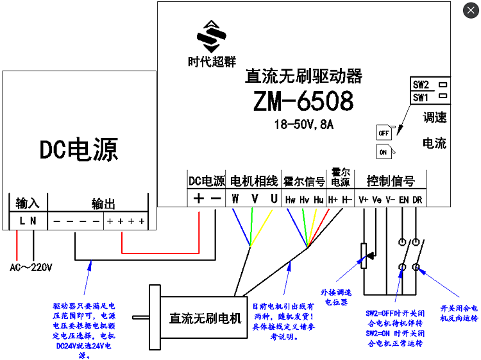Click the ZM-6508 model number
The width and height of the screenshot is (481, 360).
303,101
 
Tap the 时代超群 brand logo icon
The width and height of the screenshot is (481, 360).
212,37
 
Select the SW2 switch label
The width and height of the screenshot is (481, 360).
421,84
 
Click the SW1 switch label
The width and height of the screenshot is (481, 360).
421,98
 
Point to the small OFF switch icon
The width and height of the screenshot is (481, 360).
384,132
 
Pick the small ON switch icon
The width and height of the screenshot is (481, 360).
384,151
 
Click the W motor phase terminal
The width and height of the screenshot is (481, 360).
235,199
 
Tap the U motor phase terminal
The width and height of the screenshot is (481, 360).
274,199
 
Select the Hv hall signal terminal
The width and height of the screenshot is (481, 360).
305,200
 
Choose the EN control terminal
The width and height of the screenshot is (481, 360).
403,200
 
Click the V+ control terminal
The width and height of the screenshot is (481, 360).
364,200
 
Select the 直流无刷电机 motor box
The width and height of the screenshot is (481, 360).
205,317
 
